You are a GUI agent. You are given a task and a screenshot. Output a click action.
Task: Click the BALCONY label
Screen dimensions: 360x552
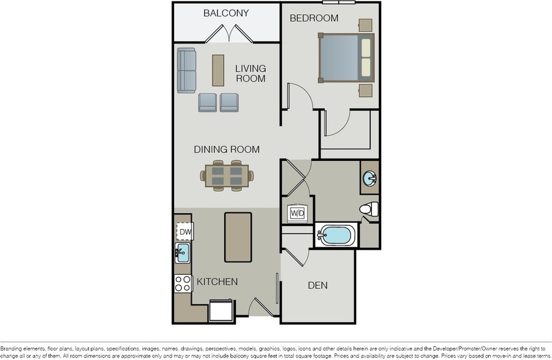pyautogui.click(x=226, y=13)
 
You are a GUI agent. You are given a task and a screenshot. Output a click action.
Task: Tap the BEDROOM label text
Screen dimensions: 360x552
pyautogui.click(x=314, y=18)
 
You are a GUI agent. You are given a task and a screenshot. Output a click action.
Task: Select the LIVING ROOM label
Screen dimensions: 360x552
pyautogui.click(x=251, y=73)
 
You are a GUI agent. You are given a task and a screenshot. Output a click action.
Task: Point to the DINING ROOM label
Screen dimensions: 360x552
pyautogui.click(x=227, y=149)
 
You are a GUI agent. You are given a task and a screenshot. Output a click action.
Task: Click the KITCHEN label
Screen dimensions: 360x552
pyautogui.click(x=217, y=282)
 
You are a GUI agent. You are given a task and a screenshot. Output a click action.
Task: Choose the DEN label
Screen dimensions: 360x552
pyautogui.click(x=317, y=285)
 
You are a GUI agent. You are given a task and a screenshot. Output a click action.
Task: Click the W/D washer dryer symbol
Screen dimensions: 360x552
pyautogui.click(x=298, y=213)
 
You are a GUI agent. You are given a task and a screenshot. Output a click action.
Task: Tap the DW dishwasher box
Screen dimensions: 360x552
pyautogui.click(x=185, y=232)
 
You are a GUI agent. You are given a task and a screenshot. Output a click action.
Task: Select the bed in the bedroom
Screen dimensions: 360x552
pyautogui.click(x=346, y=58)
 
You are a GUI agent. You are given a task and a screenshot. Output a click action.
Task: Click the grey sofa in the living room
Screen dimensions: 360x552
pyautogui.click(x=186, y=70)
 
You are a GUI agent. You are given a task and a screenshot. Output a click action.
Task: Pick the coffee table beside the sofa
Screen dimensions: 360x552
pyautogui.click(x=218, y=70)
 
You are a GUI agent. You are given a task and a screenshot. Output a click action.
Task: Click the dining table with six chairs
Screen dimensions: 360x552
pyautogui.click(x=227, y=176)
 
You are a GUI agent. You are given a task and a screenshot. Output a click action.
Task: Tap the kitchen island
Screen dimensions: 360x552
pyautogui.click(x=238, y=237)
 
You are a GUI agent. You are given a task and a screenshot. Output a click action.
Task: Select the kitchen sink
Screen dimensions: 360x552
pyautogui.click(x=183, y=253)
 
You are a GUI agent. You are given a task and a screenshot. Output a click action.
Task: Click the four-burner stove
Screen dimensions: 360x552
pyautogui.click(x=183, y=283)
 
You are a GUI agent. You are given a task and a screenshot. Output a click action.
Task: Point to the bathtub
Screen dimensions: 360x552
pyautogui.click(x=336, y=236)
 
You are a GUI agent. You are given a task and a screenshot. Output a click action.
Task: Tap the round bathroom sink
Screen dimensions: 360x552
pyautogui.click(x=369, y=178)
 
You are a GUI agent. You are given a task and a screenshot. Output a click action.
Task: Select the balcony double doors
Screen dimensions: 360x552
pyautogui.click(x=229, y=34)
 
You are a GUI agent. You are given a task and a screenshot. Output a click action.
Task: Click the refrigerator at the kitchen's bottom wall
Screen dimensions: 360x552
pyautogui.click(x=221, y=310)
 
